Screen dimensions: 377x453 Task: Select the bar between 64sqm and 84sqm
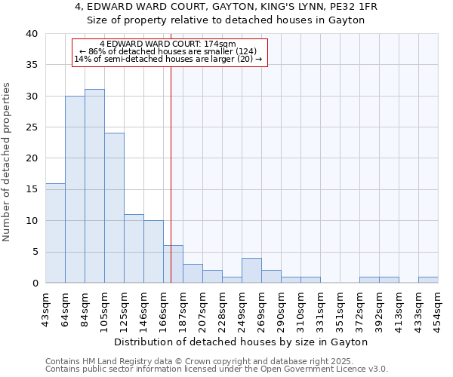pos(75,189)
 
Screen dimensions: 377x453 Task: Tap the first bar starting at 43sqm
pos(55,233)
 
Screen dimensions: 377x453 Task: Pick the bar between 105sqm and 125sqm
pos(114,208)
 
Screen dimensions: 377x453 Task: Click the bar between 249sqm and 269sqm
pos(251,270)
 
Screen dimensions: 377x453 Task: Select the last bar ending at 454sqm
pos(428,280)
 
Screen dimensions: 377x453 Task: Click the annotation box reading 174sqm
pos(169,52)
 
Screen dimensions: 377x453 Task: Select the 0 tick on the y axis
pos(34,283)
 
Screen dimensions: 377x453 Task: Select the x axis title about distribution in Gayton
pos(242,342)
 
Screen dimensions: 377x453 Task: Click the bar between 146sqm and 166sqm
pos(153,252)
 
